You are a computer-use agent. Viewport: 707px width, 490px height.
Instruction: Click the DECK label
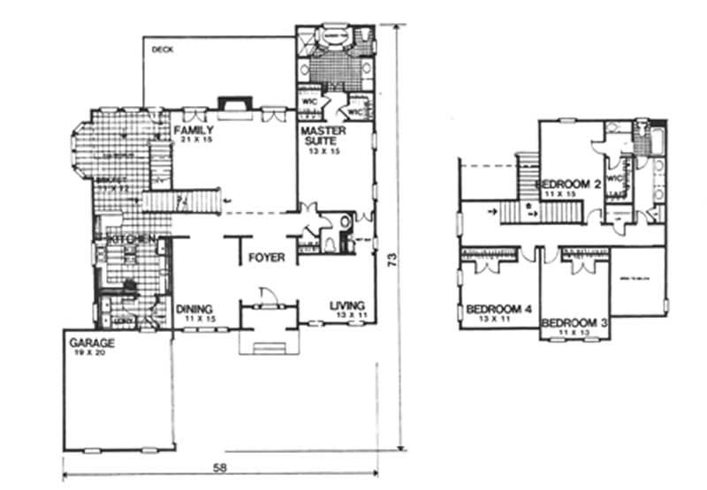tap(162, 49)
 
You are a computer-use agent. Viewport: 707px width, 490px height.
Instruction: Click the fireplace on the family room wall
tap(233, 107)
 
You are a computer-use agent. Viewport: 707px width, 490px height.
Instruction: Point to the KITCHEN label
tap(133, 240)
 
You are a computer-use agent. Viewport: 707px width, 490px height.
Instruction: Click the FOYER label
tap(266, 259)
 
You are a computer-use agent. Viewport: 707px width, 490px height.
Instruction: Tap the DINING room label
tap(194, 308)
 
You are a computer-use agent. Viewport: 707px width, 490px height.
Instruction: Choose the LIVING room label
tap(347, 306)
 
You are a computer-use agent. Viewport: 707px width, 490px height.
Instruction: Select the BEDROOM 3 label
tap(574, 323)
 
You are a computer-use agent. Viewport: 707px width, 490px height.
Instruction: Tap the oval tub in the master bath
tap(335, 34)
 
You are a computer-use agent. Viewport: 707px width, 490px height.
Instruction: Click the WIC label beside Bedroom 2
tap(616, 177)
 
